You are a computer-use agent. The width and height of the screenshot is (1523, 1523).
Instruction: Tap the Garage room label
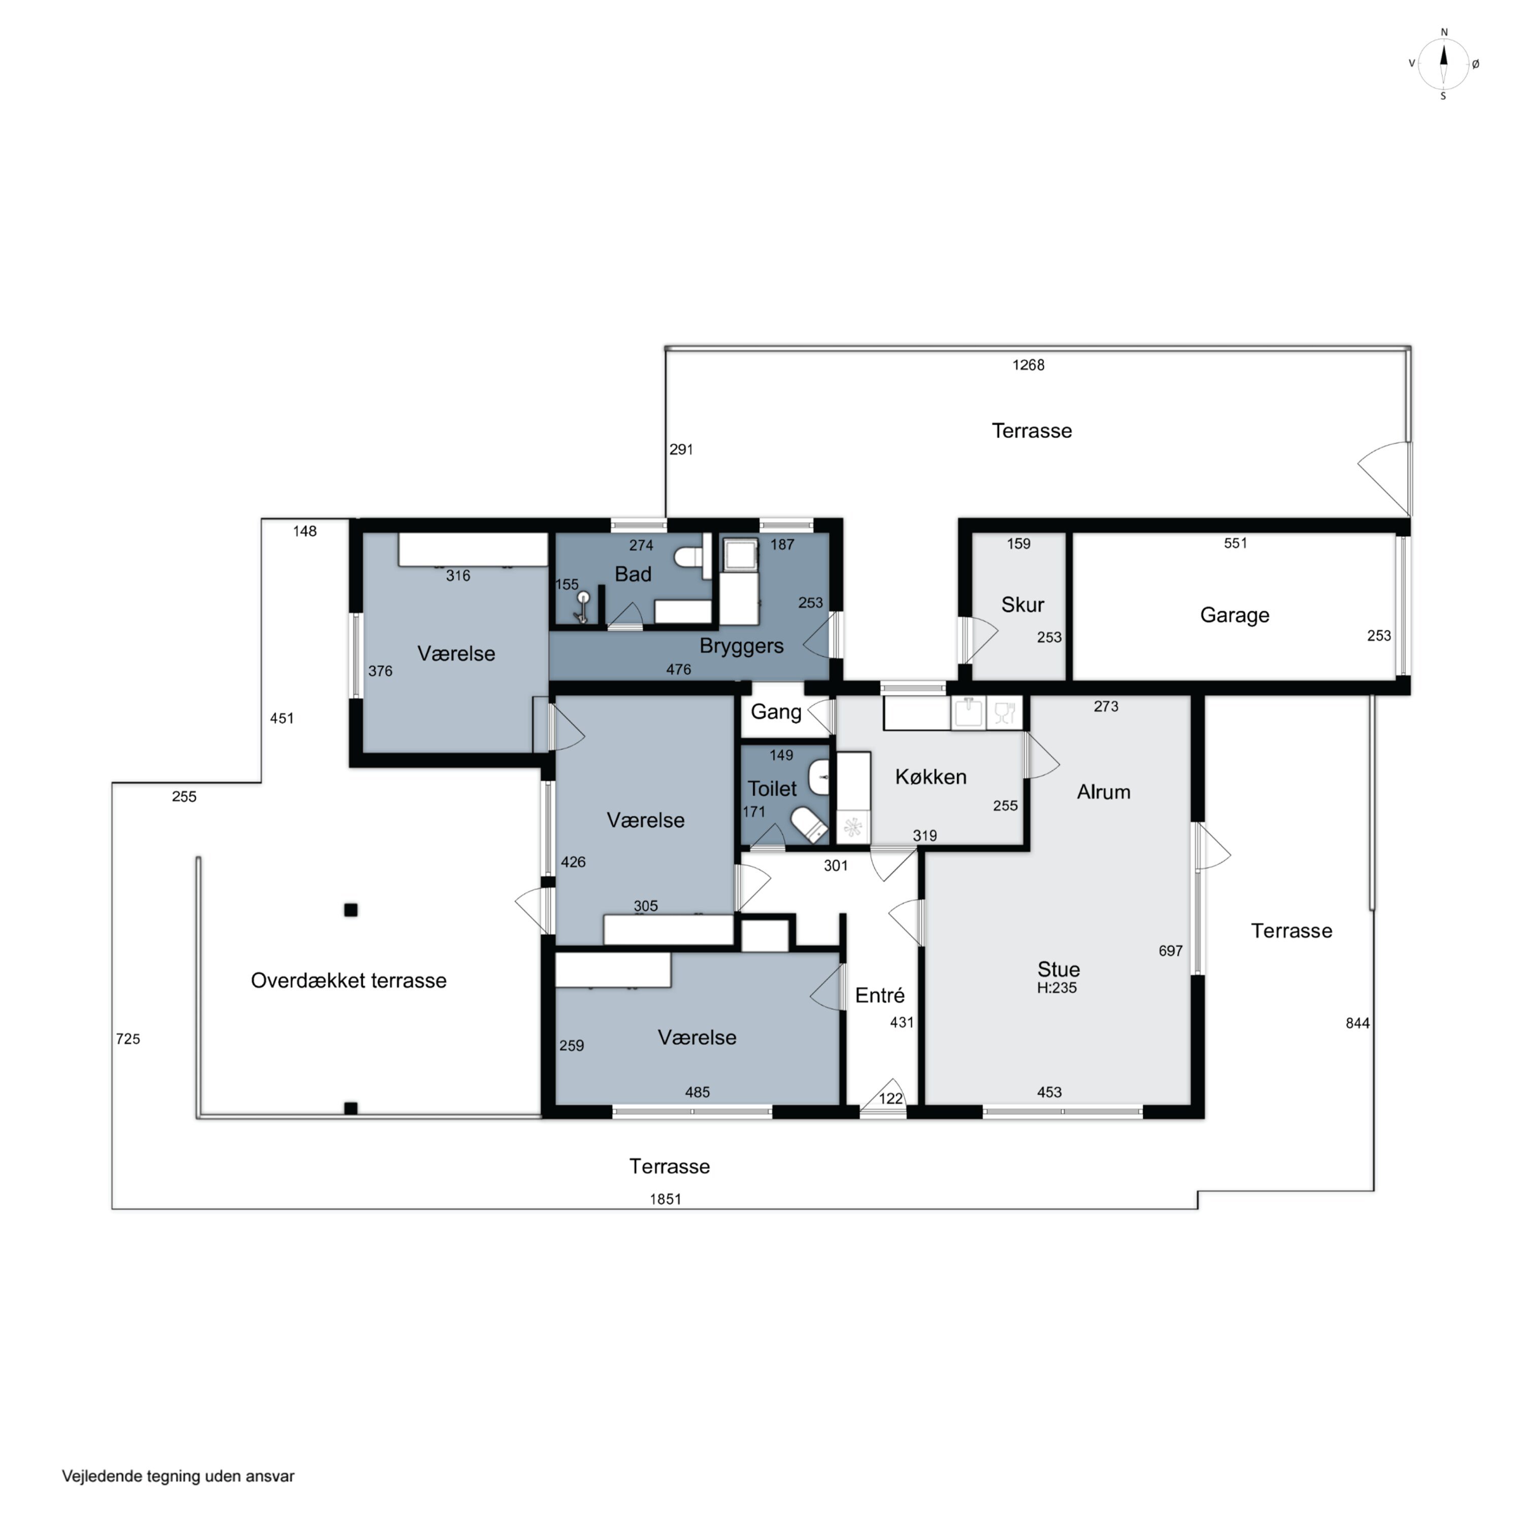click(x=1235, y=615)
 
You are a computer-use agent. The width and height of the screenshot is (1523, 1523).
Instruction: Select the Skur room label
click(x=1022, y=605)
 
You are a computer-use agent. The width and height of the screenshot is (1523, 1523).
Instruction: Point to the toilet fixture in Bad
click(x=689, y=556)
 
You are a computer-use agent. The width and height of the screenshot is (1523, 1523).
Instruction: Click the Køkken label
click(x=931, y=777)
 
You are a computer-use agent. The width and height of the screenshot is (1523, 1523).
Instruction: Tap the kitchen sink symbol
click(x=969, y=713)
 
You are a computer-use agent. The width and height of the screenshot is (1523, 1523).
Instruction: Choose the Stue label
click(x=1058, y=969)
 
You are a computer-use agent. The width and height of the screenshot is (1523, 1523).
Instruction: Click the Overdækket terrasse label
click(x=348, y=980)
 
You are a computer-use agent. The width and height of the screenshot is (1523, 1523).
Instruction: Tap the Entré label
click(x=880, y=995)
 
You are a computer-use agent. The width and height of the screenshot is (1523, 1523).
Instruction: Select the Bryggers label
click(x=742, y=646)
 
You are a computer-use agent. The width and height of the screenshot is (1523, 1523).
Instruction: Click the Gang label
click(x=776, y=712)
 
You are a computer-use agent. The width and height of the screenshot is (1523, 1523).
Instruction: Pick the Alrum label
click(x=1104, y=791)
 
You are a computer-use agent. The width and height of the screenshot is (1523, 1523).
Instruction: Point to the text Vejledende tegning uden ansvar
click(x=178, y=1476)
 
